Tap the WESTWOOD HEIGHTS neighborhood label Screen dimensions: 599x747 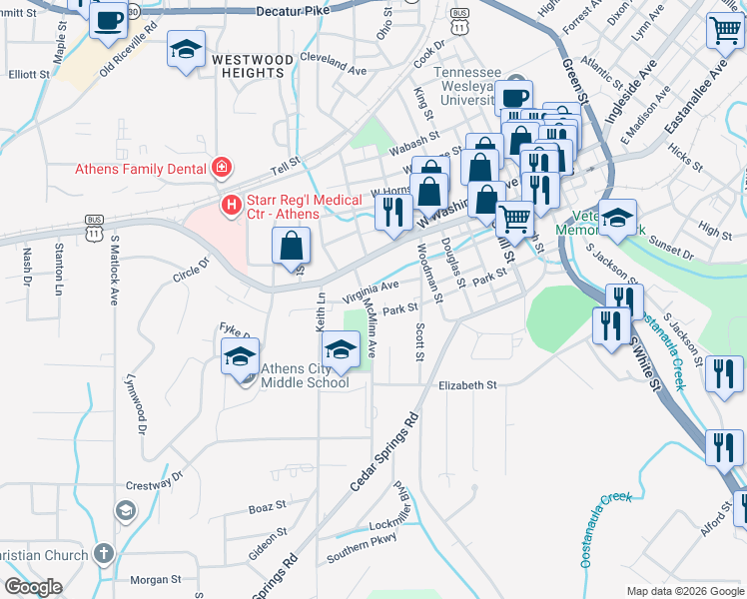tap(253, 67)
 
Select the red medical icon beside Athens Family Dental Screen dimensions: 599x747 tap(221, 168)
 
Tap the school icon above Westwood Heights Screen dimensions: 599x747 tap(186, 50)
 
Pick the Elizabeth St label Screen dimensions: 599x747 tap(466, 384)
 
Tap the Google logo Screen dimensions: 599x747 tap(34, 586)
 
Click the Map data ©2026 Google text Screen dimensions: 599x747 tap(684, 591)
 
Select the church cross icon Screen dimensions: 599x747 tap(103, 553)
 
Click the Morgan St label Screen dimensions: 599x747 tap(156, 578)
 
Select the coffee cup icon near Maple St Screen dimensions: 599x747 tap(108, 19)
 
